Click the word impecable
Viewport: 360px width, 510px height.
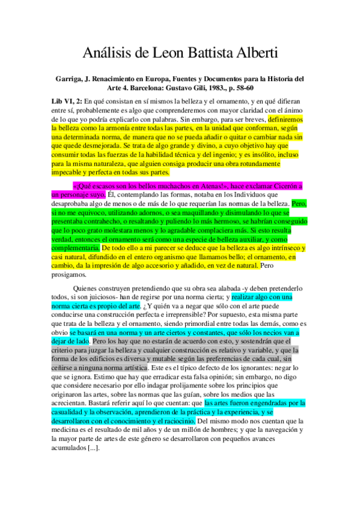[70, 172]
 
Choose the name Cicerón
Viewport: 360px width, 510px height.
[279, 185]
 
